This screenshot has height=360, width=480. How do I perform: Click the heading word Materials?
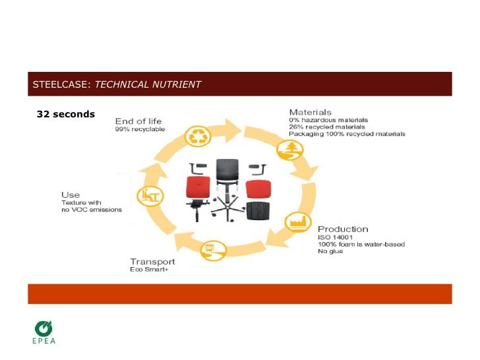(310, 112)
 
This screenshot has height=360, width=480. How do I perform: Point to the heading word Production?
(343, 228)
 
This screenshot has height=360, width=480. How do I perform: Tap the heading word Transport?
(152, 260)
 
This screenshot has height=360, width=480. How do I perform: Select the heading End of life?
(138, 121)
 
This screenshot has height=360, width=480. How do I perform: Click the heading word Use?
(71, 195)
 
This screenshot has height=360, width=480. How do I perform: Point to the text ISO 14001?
(334, 237)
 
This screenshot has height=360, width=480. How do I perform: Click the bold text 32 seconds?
(66, 114)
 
